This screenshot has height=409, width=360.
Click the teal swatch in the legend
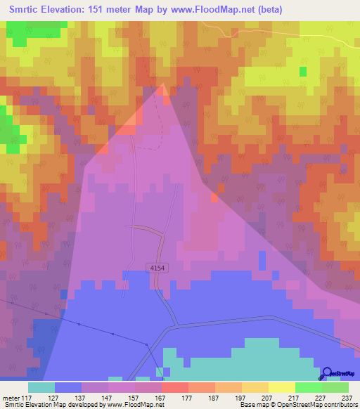[x=41, y=387]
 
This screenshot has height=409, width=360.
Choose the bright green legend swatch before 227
[x=309, y=387]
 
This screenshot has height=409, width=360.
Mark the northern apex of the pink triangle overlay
[x=164, y=84]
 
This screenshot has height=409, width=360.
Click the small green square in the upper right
[x=303, y=72]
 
